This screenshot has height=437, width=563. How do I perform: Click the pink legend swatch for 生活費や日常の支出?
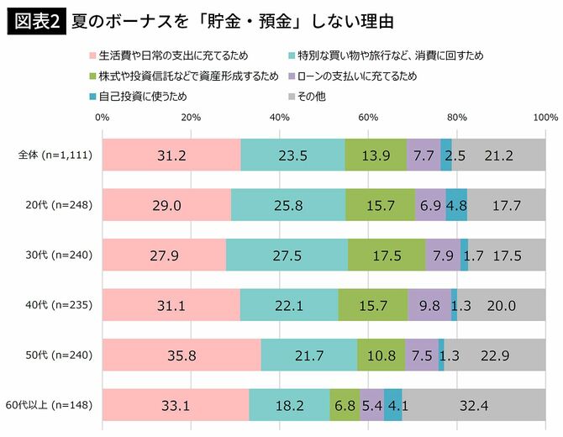point(92,56)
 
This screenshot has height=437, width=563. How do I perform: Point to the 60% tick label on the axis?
point(367,117)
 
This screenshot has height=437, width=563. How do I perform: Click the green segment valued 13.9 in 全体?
point(375,155)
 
